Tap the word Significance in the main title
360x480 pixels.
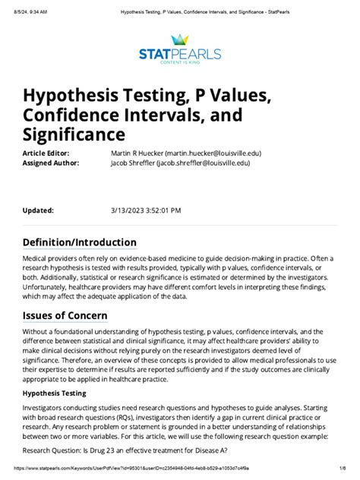pyautogui.click(x=73, y=134)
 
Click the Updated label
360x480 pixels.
pyautogui.click(x=38, y=210)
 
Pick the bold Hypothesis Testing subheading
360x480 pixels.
pyautogui.click(x=54, y=393)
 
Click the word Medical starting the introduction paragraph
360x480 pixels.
pyautogui.click(x=36, y=259)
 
